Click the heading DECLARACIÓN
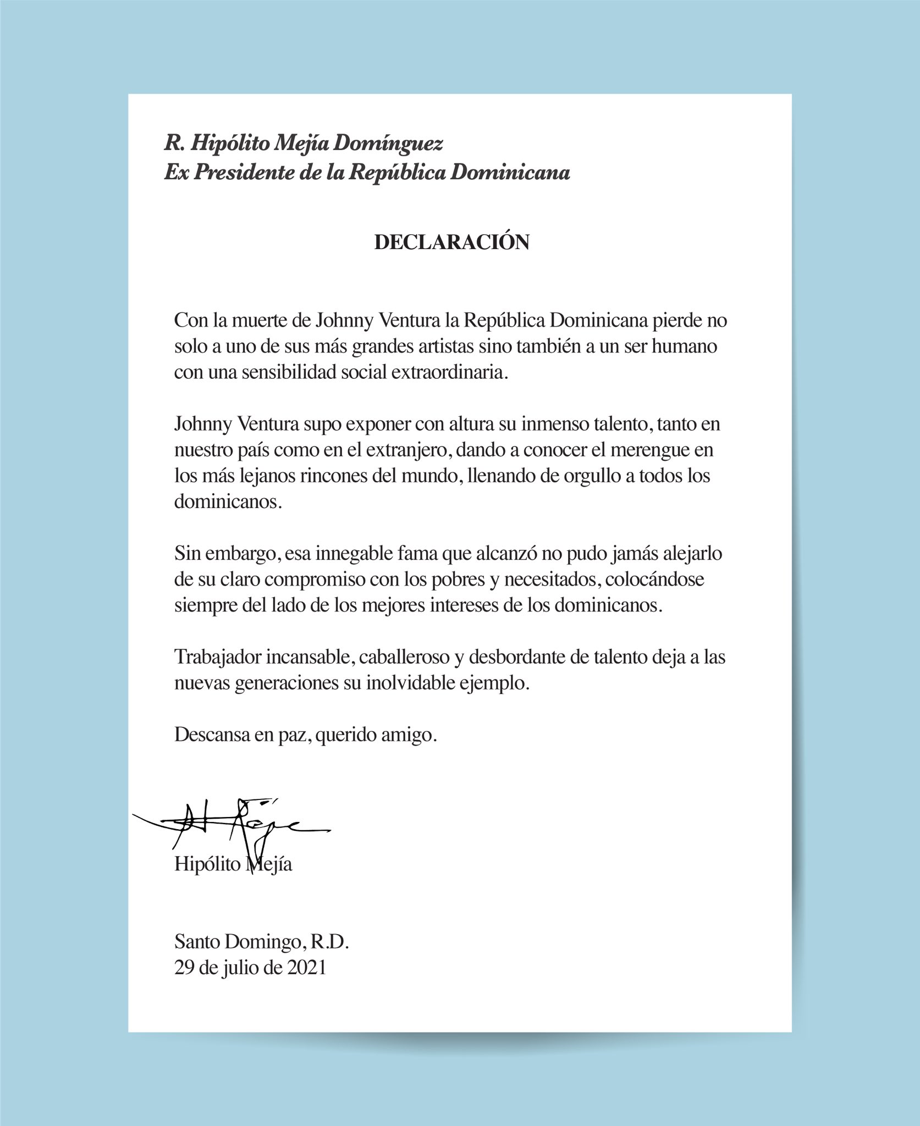point(451,242)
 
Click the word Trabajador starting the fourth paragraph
point(217,657)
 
